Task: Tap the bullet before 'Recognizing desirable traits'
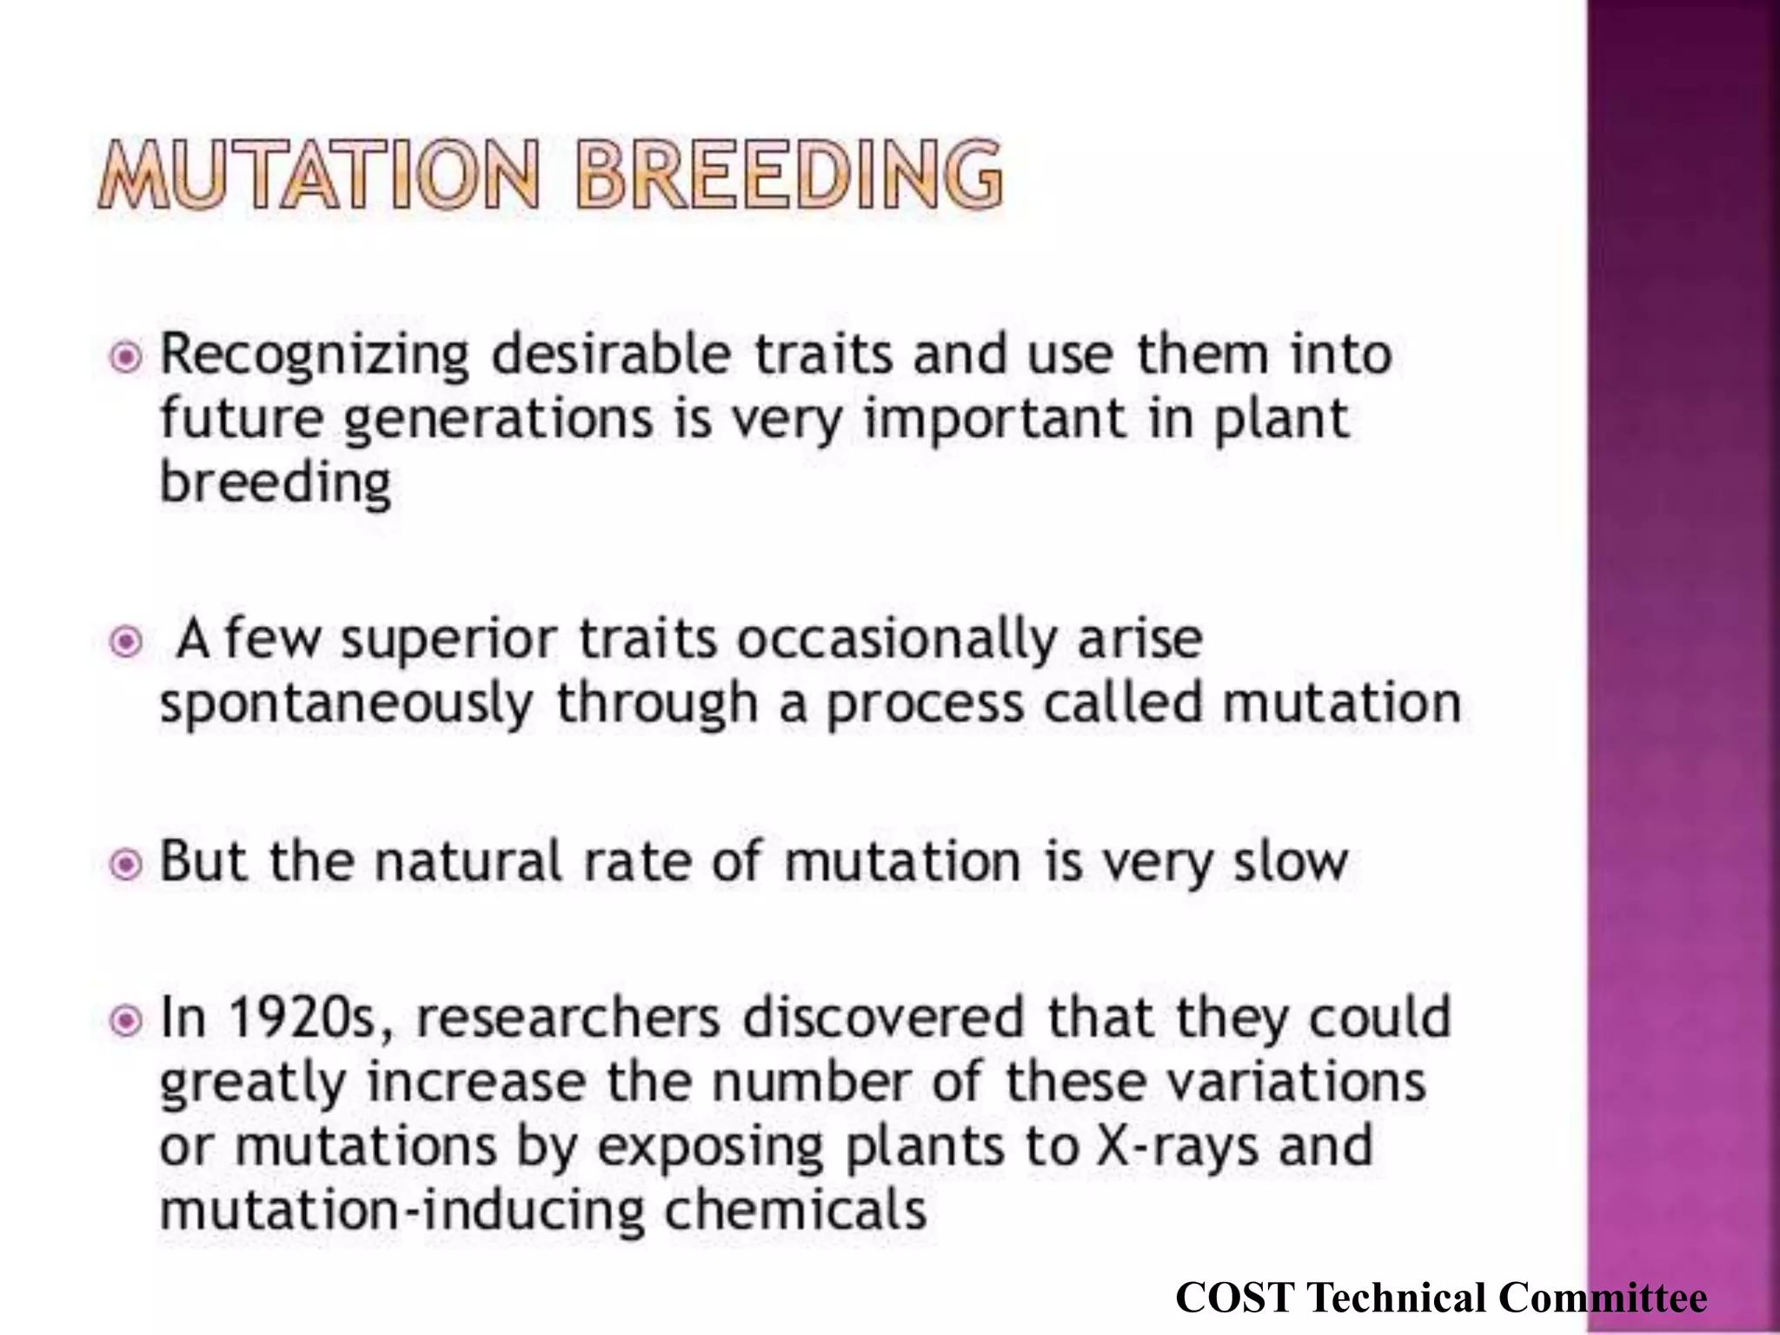127,356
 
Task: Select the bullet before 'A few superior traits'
127,641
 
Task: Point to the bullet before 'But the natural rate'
127,864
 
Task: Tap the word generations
498,420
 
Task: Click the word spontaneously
346,704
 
